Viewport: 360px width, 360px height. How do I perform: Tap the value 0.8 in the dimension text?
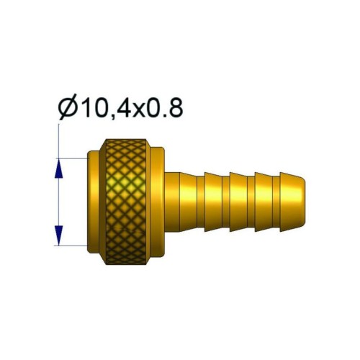(x=163, y=109)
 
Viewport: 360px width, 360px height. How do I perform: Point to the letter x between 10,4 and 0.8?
(x=137, y=112)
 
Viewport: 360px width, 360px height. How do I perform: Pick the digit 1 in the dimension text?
(x=81, y=109)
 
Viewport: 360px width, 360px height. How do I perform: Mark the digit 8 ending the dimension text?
(x=174, y=109)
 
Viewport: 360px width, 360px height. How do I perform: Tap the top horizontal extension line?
(x=72, y=158)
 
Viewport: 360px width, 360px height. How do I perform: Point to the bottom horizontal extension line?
(x=72, y=244)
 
